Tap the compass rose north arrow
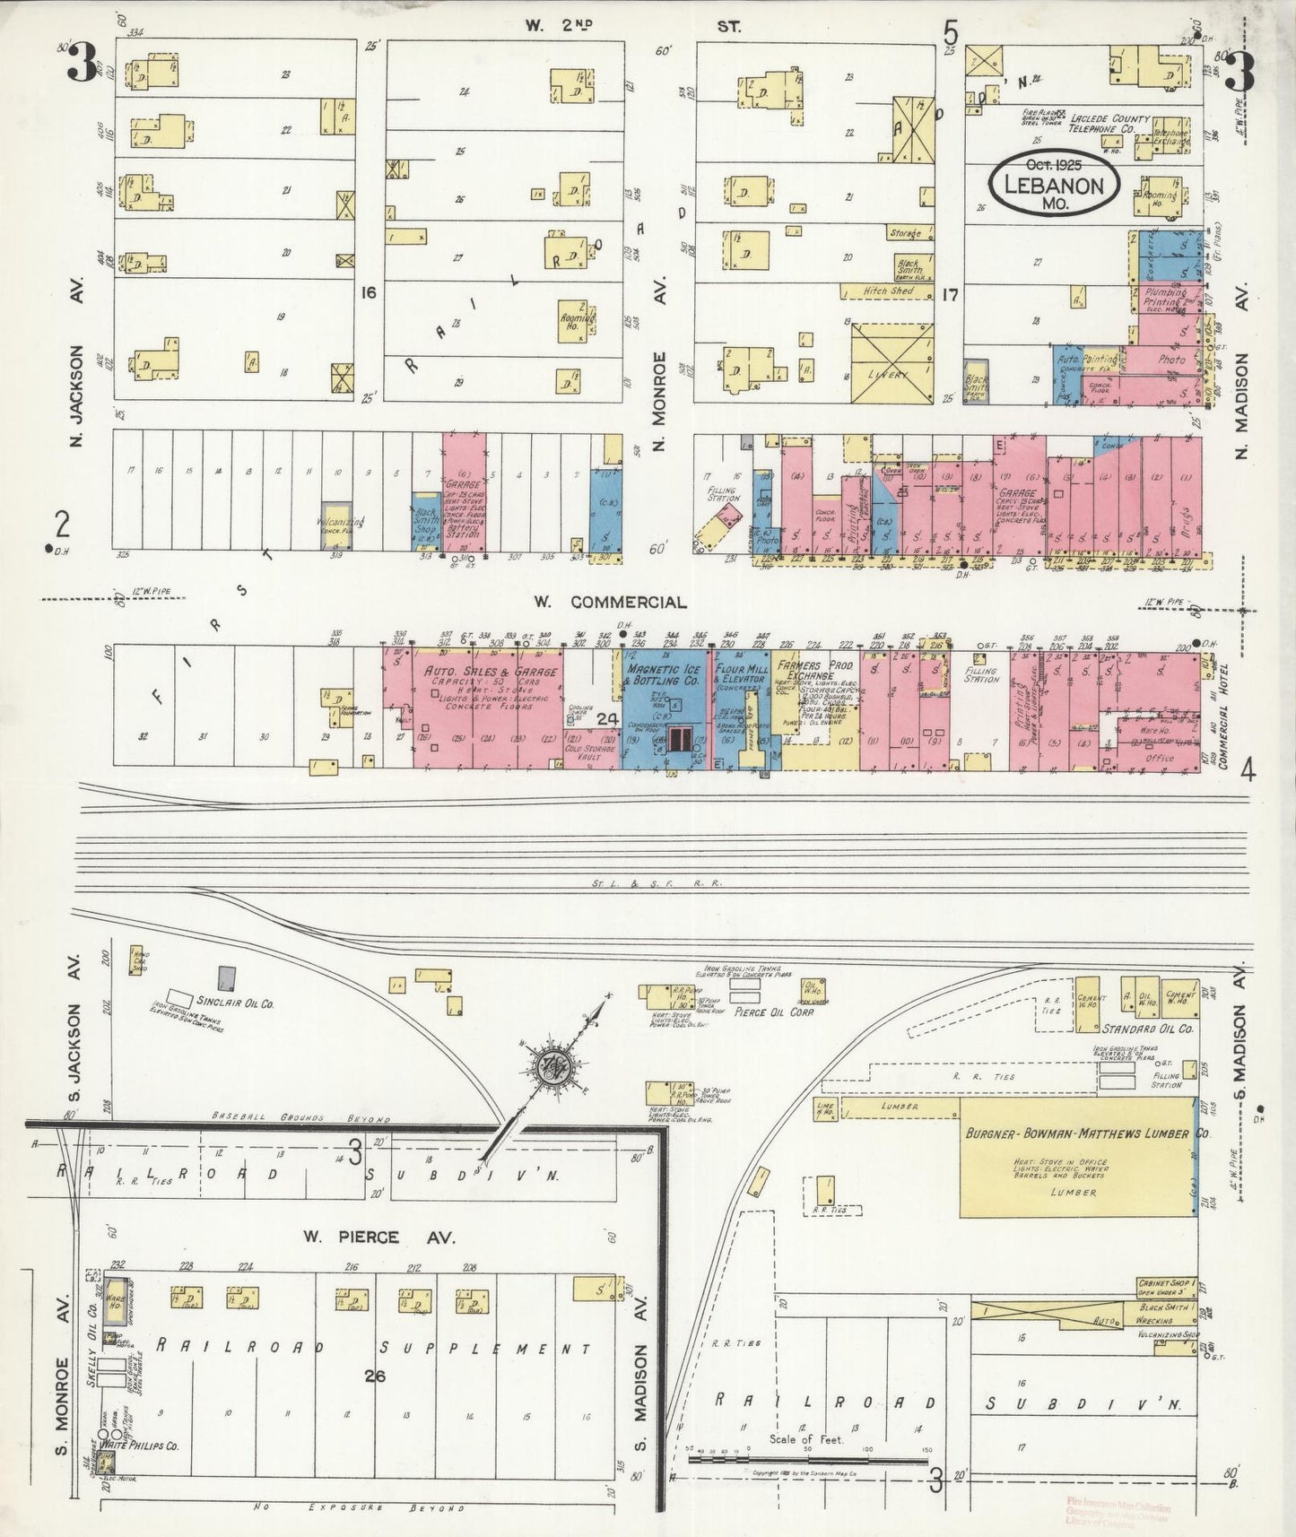coord(548,1067)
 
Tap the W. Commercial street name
coord(613,603)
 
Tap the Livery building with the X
coord(892,363)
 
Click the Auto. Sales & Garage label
coord(491,671)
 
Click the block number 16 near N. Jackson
coord(367,292)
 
